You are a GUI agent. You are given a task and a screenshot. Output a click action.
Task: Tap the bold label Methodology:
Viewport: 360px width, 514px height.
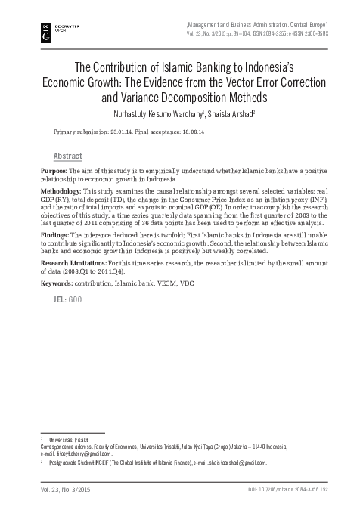tap(63, 193)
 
